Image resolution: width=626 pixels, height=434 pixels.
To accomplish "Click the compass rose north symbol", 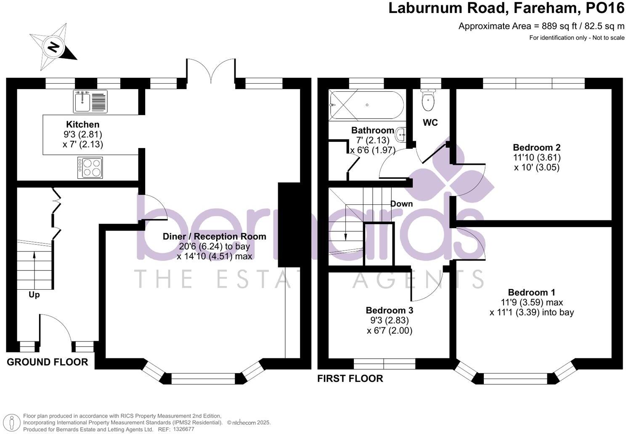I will tap(53, 47).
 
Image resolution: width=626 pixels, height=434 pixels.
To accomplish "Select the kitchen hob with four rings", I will tap(90, 167).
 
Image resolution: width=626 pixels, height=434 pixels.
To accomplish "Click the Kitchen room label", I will tap(83, 124).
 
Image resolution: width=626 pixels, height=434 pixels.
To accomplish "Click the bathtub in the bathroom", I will tap(366, 105).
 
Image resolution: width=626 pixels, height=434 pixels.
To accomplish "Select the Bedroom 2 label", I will tap(536, 148).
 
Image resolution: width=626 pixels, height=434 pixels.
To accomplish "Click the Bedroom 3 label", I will tap(389, 310).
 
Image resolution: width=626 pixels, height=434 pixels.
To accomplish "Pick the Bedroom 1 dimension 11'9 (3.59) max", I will tap(532, 302).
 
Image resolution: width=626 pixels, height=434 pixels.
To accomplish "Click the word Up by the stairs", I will tap(34, 295).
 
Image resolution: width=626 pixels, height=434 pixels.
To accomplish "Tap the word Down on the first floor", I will tap(401, 204).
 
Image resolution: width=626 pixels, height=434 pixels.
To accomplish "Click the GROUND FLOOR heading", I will tap(48, 362).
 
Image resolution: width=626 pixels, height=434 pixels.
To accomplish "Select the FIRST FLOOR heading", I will tap(350, 378).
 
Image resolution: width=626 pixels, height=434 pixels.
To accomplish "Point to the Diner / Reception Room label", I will tap(214, 236).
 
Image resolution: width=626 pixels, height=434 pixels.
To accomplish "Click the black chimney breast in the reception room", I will tap(289, 225).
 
